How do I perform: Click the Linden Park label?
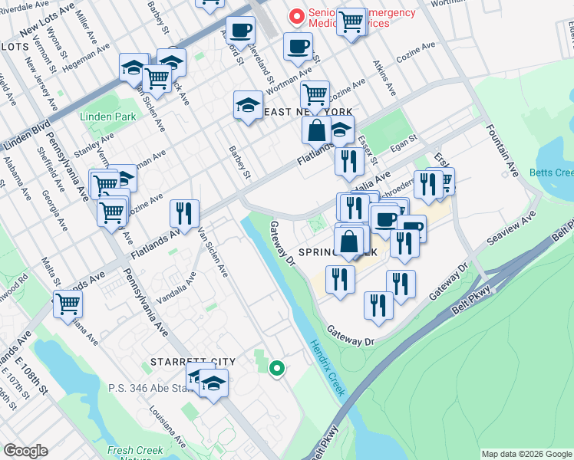pos(107,117)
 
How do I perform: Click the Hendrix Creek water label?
pos(328,368)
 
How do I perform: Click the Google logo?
pos(26,451)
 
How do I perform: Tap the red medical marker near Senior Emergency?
pos(294,15)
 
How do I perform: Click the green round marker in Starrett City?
pos(277,370)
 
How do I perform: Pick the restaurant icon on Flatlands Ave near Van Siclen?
pos(184,213)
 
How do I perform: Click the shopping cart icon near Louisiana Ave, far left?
pos(68,304)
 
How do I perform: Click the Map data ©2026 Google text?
pos(526,454)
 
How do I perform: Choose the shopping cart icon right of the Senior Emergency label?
pos(351,21)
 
